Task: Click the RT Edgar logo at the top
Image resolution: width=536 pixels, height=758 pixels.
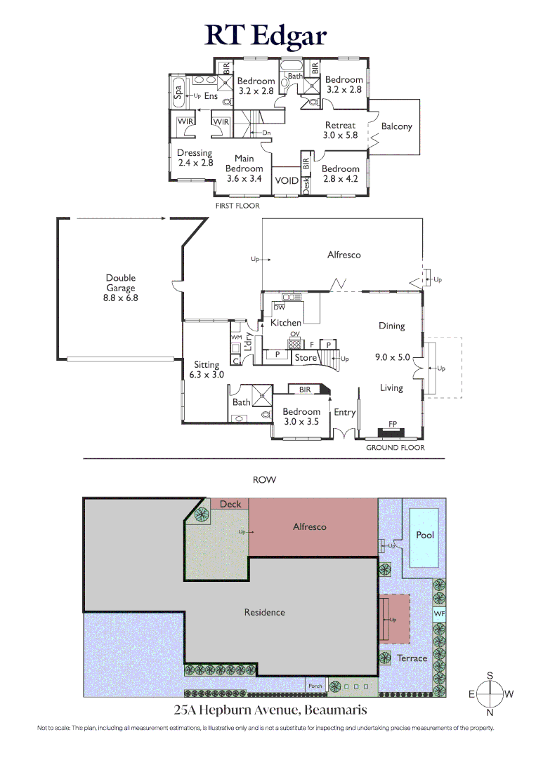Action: (266, 36)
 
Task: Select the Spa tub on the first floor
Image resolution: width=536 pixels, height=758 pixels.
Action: (178, 92)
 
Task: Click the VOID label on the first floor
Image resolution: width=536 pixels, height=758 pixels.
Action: (287, 181)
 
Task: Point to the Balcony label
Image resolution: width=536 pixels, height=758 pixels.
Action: (397, 126)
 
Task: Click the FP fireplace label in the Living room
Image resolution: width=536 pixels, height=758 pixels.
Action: (392, 424)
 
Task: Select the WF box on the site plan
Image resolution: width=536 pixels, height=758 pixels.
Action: (439, 614)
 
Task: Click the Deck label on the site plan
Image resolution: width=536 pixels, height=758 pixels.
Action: (230, 504)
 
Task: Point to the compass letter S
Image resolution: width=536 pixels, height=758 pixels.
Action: (490, 675)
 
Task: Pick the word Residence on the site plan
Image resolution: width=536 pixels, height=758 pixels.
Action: (265, 613)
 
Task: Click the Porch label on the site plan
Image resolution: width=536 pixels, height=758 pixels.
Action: (315, 686)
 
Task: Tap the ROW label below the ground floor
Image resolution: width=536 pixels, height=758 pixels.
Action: (265, 479)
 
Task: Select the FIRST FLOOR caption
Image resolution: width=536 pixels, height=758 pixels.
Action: (237, 206)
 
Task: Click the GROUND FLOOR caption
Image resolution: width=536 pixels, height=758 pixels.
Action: (396, 448)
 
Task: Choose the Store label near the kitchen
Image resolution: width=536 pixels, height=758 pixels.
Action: (306, 358)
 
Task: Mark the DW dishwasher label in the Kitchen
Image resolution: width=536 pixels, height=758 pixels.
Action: (280, 307)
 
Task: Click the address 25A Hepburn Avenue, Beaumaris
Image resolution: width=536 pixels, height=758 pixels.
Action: (270, 710)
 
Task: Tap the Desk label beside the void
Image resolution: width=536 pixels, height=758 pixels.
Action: (306, 185)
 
